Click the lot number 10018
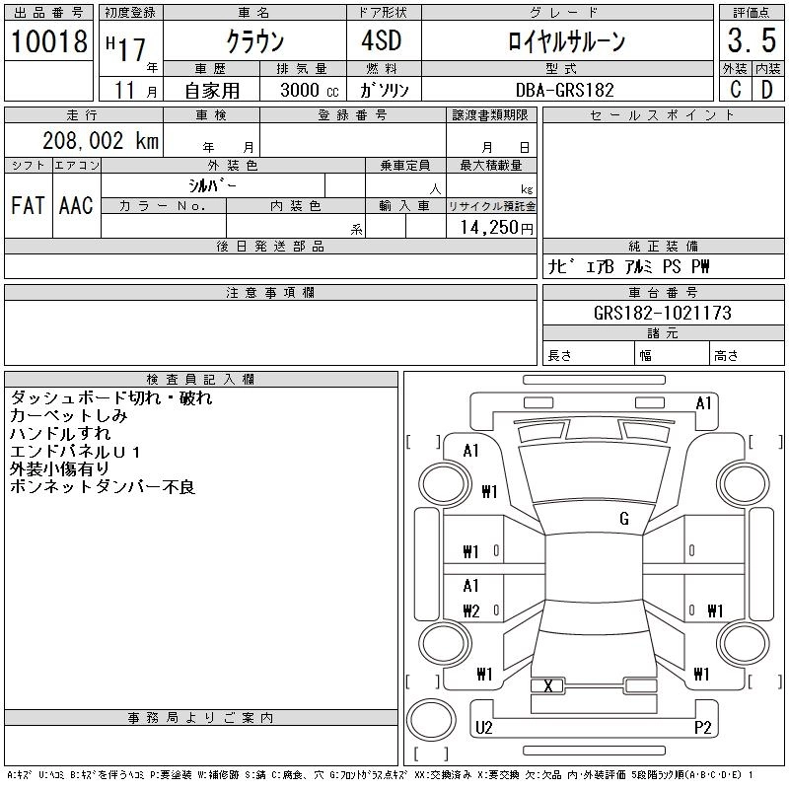pyautogui.click(x=49, y=40)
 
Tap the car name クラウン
pyautogui.click(x=254, y=40)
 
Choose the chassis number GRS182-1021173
pyautogui.click(x=663, y=314)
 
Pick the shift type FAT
pyautogui.click(x=28, y=205)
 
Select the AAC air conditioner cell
pyautogui.click(x=76, y=205)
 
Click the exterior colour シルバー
pyautogui.click(x=213, y=185)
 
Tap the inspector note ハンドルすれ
pyautogui.click(x=60, y=434)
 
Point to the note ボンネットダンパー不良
pyautogui.click(x=103, y=487)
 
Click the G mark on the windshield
pyautogui.click(x=624, y=519)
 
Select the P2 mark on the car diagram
pyautogui.click(x=703, y=728)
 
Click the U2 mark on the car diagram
pyautogui.click(x=483, y=728)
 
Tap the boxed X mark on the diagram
pyautogui.click(x=547, y=685)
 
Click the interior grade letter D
pyautogui.click(x=766, y=90)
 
